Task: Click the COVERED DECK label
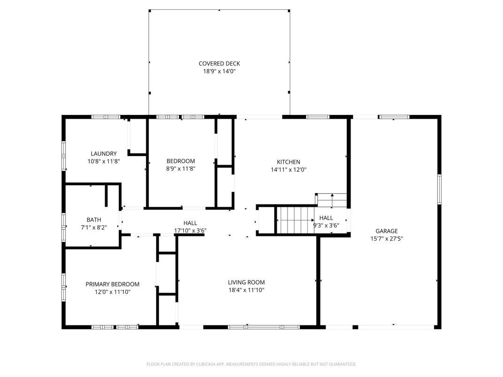tap(219, 63)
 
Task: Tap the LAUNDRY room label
tap(104, 153)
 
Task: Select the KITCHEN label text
tap(289, 162)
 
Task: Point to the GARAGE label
tap(387, 231)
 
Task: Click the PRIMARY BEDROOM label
tap(112, 284)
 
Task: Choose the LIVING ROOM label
tap(246, 282)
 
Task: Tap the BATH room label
tap(94, 219)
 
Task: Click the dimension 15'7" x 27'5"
tap(387, 239)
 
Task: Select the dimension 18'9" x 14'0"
tap(219, 71)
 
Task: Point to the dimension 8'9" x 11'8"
tap(181, 169)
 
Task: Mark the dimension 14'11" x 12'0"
tap(289, 170)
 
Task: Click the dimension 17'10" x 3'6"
tap(190, 231)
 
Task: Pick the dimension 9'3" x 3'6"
tap(326, 226)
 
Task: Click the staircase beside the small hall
tap(296, 220)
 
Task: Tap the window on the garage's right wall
tap(440, 189)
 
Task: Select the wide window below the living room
tap(264, 327)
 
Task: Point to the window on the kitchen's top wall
tap(318, 117)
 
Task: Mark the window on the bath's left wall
tap(64, 227)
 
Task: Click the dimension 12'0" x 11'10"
tap(112, 292)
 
